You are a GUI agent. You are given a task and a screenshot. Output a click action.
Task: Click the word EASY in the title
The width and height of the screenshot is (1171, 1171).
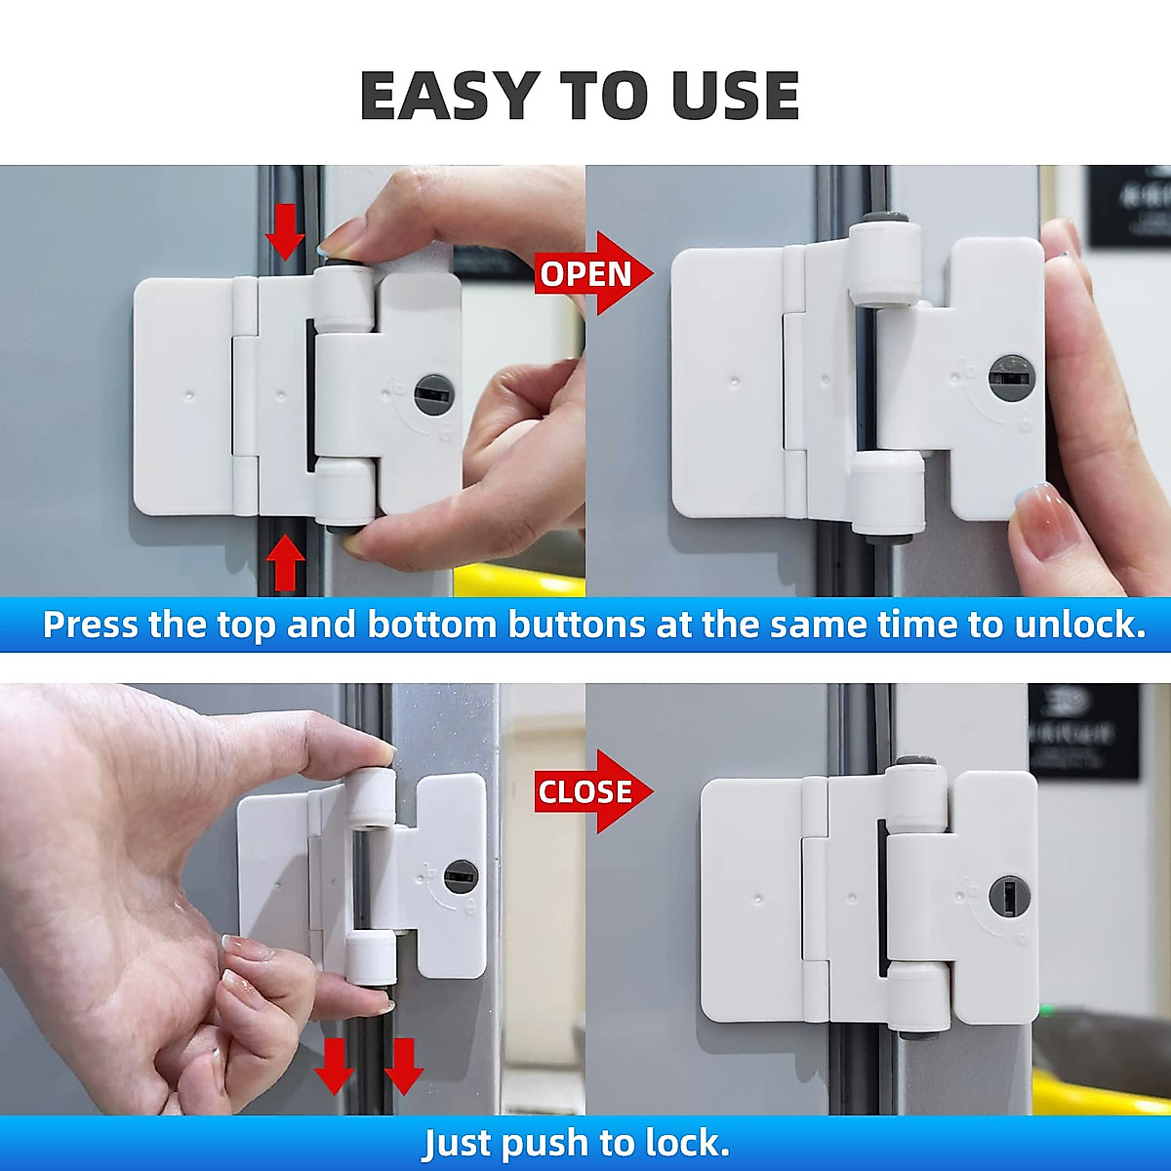click(449, 96)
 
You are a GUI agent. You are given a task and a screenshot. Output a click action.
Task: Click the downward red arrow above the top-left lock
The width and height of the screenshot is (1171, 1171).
click(285, 233)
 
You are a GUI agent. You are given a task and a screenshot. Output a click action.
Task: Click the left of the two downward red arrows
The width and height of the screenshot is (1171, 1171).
click(334, 1066)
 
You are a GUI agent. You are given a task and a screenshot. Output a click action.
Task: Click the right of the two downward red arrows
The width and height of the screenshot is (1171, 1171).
click(403, 1066)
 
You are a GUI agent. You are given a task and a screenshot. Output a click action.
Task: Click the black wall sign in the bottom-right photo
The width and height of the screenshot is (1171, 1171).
click(1083, 730)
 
